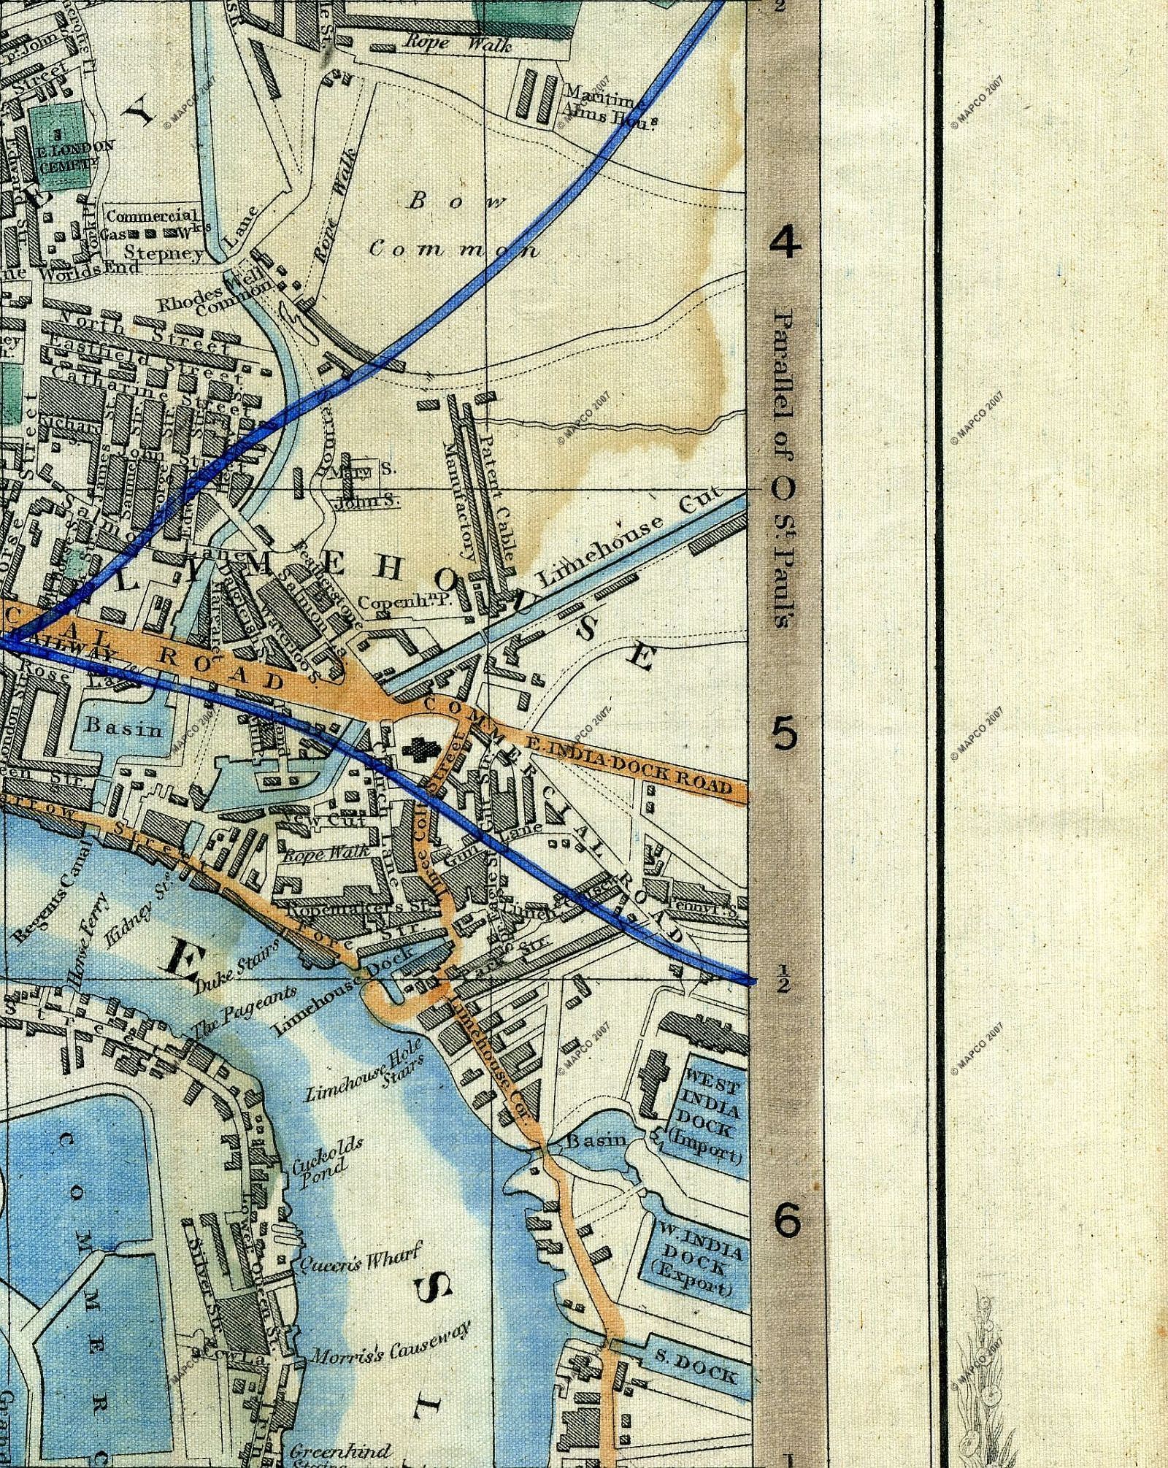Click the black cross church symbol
pos(420,749)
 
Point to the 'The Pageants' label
pos(244,1011)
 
